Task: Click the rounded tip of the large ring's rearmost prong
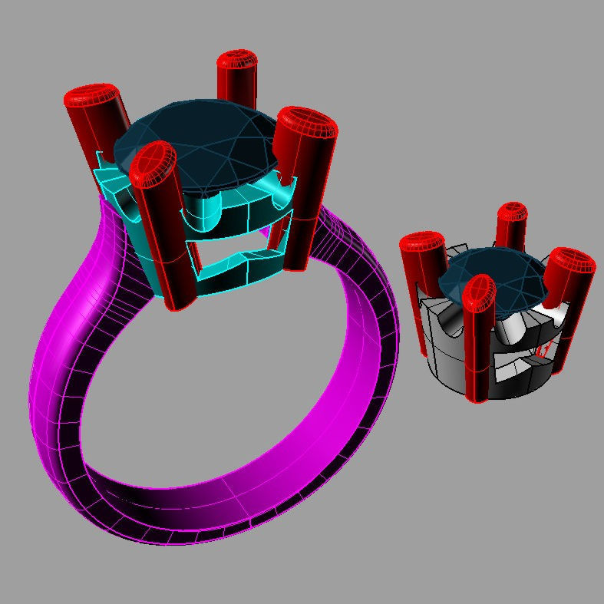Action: (x=237, y=61)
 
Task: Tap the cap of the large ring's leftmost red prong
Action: (x=91, y=97)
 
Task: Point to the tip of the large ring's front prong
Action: (x=153, y=164)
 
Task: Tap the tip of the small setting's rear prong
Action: (x=512, y=213)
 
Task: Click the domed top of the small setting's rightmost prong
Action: (x=572, y=261)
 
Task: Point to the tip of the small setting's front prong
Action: (x=480, y=291)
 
